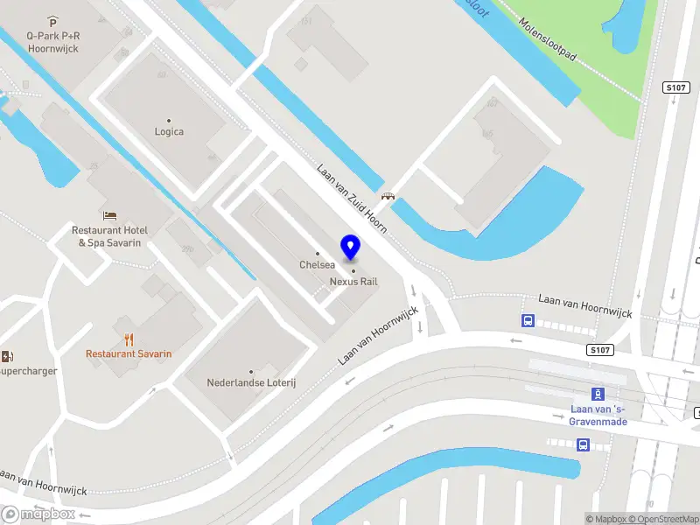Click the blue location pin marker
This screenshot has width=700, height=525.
tap(350, 247)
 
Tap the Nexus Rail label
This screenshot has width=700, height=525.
tap(353, 282)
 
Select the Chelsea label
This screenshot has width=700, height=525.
tap(317, 264)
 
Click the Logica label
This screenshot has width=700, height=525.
tap(169, 132)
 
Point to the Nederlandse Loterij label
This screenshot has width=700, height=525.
tap(251, 382)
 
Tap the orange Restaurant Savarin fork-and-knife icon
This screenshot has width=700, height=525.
tap(129, 339)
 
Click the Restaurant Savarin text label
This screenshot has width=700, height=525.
tap(129, 354)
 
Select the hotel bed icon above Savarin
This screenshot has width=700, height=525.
tap(109, 215)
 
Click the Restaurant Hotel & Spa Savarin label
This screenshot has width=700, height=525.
tap(109, 236)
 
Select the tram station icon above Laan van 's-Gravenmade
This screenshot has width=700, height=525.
tap(598, 394)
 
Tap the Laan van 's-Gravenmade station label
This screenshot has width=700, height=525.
tap(598, 416)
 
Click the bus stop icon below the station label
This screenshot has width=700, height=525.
tap(583, 444)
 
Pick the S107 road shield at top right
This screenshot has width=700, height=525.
tap(675, 87)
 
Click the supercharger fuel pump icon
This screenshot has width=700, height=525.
tap(8, 356)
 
